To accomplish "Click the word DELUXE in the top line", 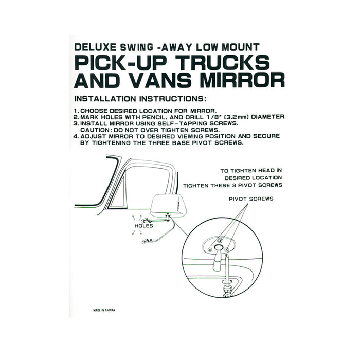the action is pos(95,47).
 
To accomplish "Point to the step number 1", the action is pos(76,111).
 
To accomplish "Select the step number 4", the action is pos(76,136).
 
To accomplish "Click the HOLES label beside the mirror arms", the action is pos(143,226).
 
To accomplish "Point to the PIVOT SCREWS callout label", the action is pos(251,199).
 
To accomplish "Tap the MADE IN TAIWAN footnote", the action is pos(104,310).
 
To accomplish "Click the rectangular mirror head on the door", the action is pos(168,205).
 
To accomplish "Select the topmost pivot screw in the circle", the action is pos(220,241).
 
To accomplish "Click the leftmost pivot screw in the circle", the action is pos(209,249).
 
